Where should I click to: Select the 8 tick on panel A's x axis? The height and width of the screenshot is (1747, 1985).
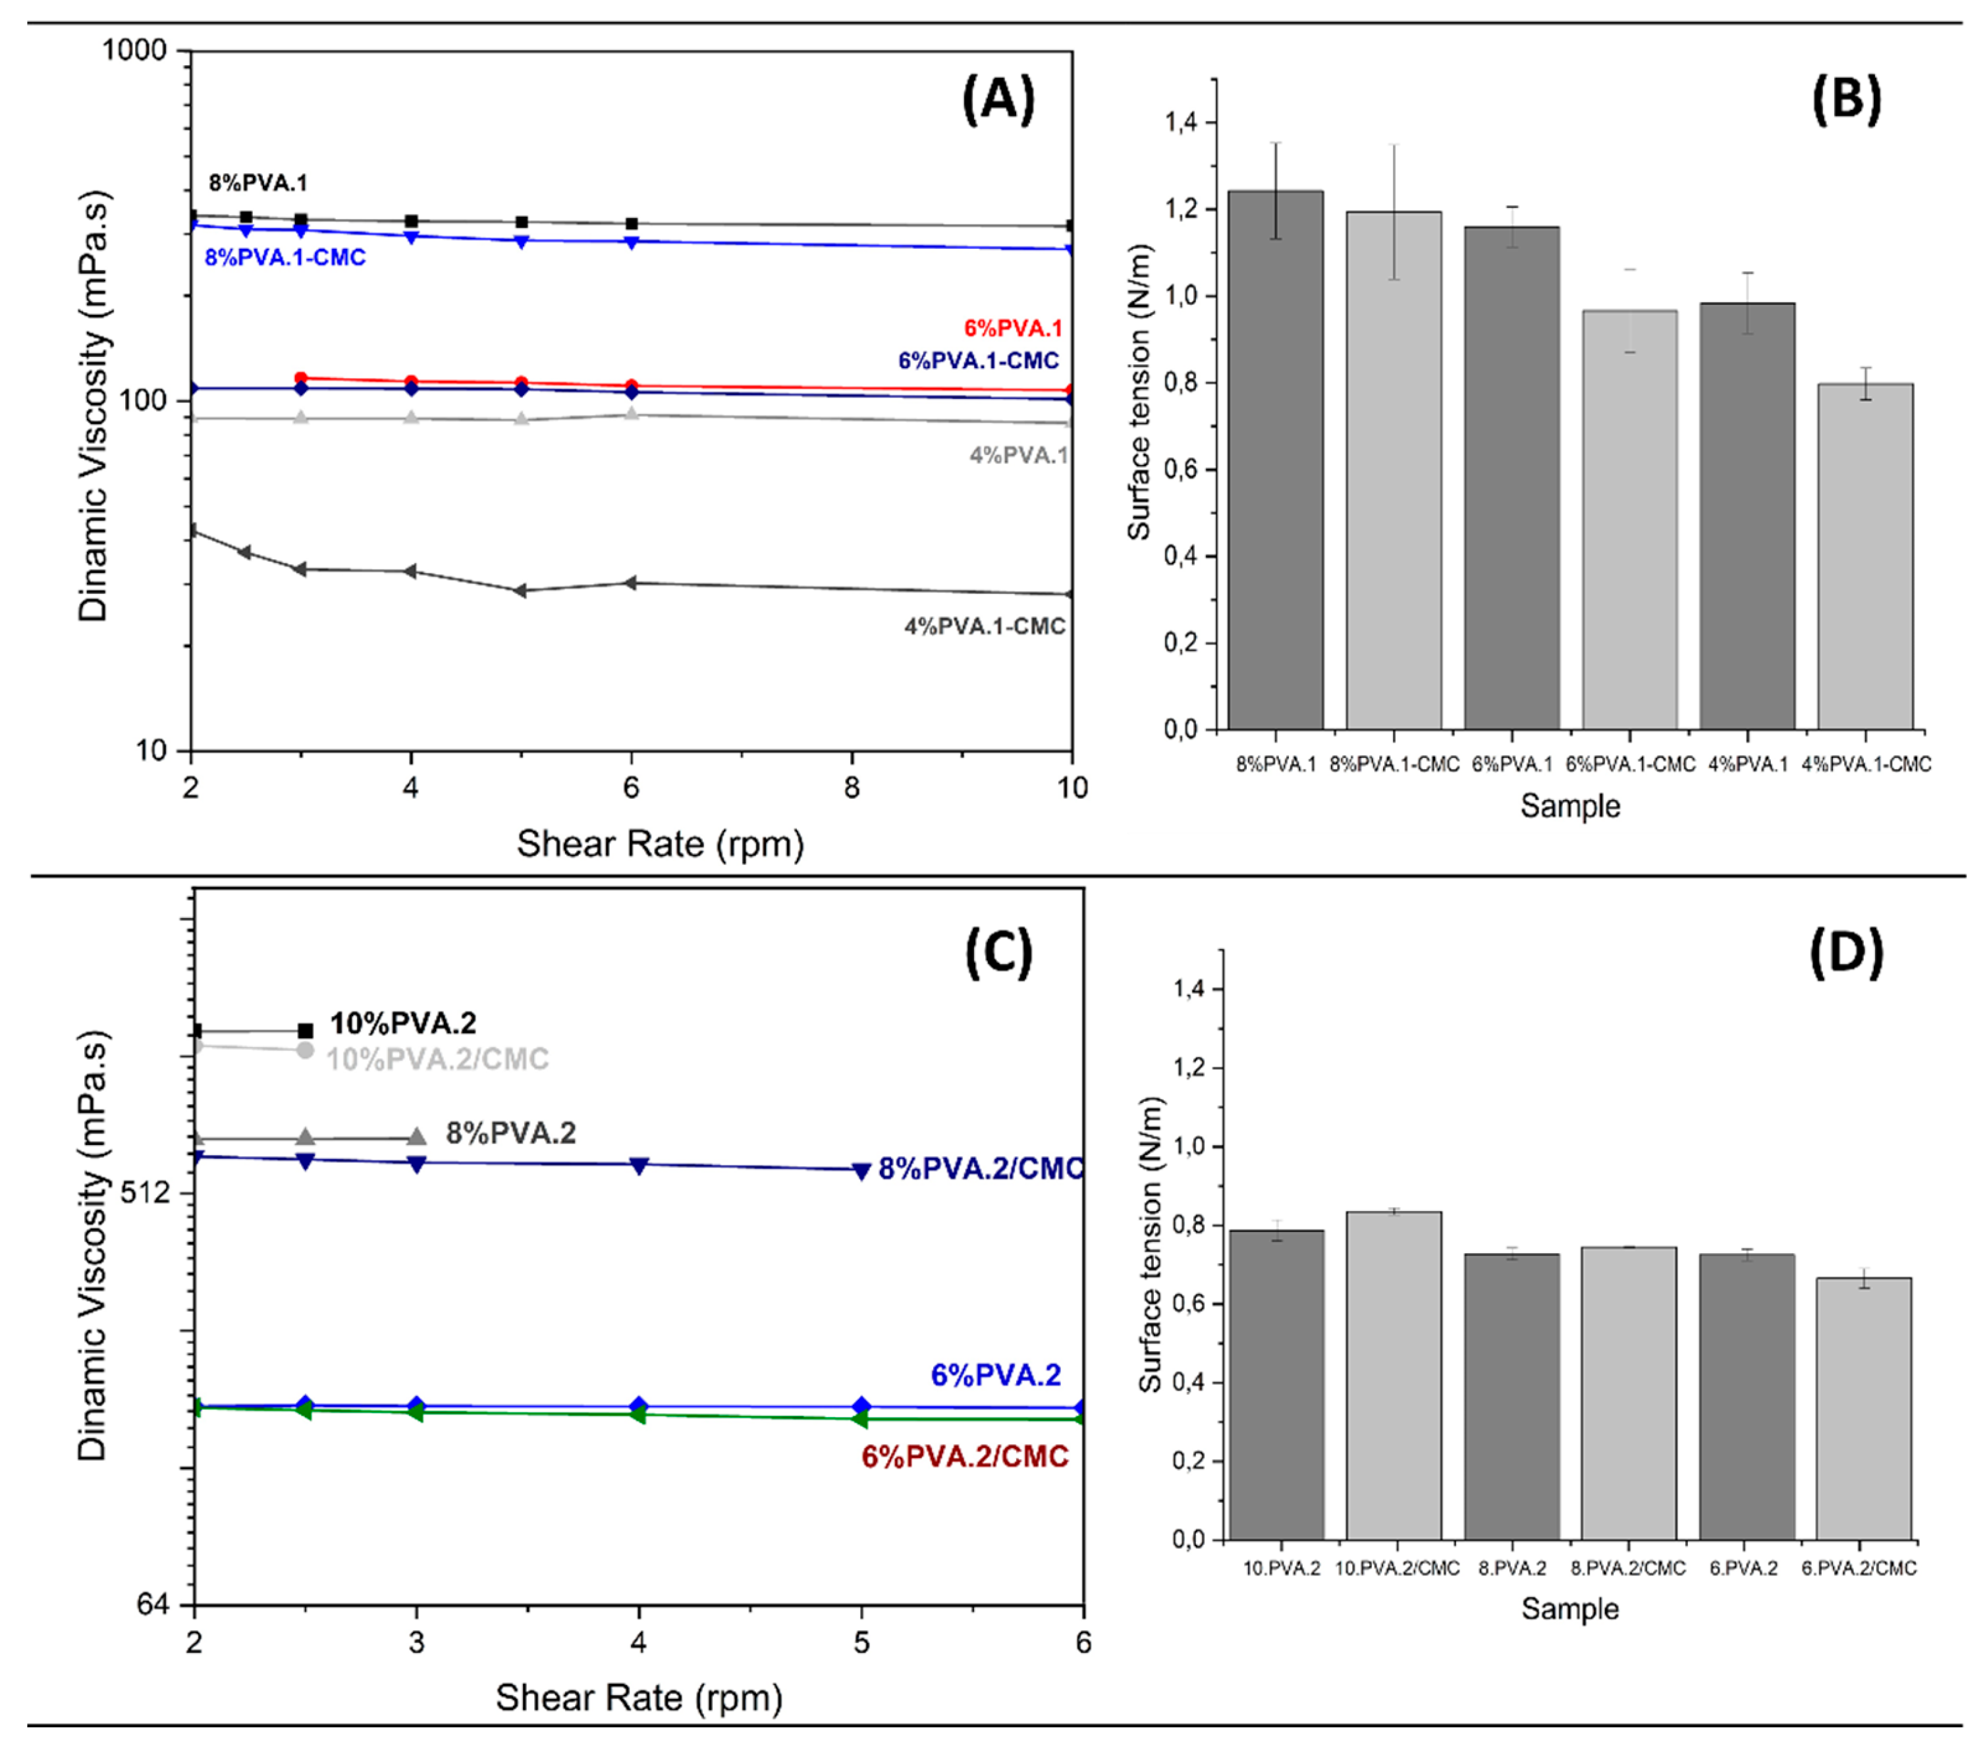pos(852,787)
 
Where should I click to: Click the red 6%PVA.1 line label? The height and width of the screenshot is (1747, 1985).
pos(1013,328)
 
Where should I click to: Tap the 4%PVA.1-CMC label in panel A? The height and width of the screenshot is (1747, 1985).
pos(985,626)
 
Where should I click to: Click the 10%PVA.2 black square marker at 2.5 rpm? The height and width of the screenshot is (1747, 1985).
pos(305,1031)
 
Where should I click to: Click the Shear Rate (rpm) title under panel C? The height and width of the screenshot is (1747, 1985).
pos(638,1698)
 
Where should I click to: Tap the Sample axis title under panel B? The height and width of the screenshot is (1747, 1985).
pos(1569,806)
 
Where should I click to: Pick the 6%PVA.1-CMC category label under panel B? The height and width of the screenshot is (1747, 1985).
pos(1629,765)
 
